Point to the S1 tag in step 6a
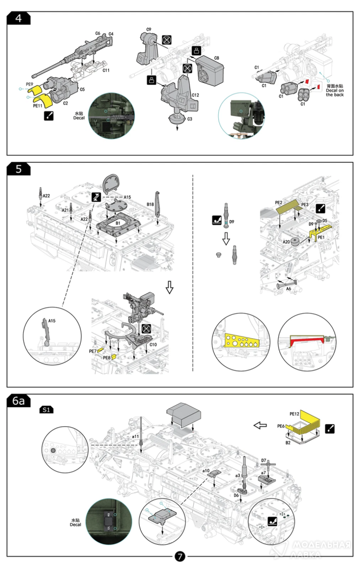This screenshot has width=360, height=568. click(x=47, y=410)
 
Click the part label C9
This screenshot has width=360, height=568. click(x=149, y=29)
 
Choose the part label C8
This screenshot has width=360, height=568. click(x=216, y=58)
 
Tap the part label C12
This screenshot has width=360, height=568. click(x=195, y=95)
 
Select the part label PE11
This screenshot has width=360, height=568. click(x=38, y=107)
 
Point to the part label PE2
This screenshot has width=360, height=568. click(x=279, y=202)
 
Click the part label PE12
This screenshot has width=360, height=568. click(x=294, y=414)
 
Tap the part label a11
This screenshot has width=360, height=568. click(x=135, y=435)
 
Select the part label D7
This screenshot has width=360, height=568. click(x=264, y=460)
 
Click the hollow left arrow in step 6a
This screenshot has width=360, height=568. click(x=260, y=425)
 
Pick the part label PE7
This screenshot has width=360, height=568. click(x=93, y=351)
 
